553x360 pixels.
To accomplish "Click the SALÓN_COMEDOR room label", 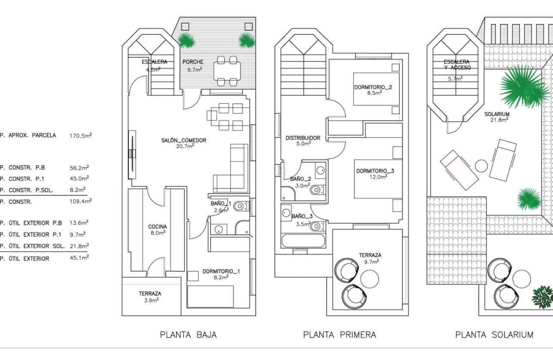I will [184, 140].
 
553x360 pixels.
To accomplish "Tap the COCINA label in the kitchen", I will [157, 227].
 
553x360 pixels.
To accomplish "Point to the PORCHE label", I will [192, 62].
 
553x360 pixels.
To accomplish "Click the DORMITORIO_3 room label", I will [375, 171].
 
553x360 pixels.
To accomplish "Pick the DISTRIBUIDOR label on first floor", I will [303, 138].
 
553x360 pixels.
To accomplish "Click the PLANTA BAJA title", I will [188, 335].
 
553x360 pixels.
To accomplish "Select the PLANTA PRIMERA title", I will [340, 335].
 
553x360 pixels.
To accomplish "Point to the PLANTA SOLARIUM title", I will [494, 335].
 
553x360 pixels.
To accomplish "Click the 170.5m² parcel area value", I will [80, 135].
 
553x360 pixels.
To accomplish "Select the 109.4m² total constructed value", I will [80, 201].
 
